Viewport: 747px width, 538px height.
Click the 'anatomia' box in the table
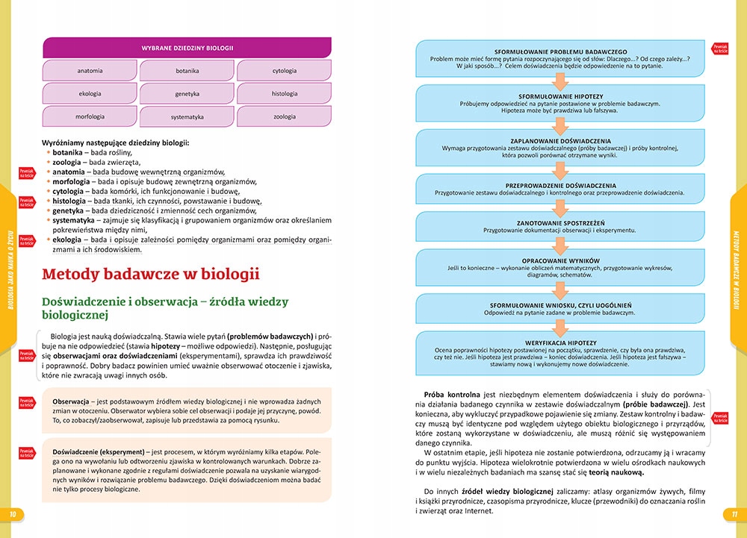[x=90, y=71]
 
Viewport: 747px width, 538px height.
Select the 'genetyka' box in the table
[x=187, y=94]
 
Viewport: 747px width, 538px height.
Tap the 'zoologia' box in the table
[x=284, y=117]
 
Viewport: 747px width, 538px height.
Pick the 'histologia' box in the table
[x=284, y=94]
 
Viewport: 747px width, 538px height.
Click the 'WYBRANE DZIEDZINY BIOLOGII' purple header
[x=187, y=48]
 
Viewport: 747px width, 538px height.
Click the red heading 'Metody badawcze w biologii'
[x=151, y=274]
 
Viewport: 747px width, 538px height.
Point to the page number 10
[x=12, y=514]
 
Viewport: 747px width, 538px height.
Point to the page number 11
[x=734, y=514]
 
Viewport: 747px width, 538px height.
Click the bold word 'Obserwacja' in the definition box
[x=71, y=402]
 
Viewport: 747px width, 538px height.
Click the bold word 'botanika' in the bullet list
[x=67, y=151]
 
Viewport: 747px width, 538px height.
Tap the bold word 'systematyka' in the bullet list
[x=73, y=220]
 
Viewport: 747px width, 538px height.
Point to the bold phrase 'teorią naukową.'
[x=619, y=472]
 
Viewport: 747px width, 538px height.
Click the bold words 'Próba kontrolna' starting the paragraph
[x=450, y=394]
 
